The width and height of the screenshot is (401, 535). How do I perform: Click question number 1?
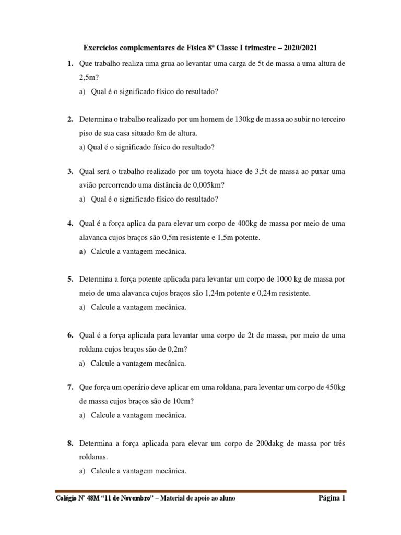[70, 64]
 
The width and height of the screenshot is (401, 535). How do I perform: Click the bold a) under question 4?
[82, 251]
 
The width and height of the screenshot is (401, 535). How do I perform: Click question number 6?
[70, 334]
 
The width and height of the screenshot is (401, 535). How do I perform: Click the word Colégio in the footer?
[67, 498]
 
